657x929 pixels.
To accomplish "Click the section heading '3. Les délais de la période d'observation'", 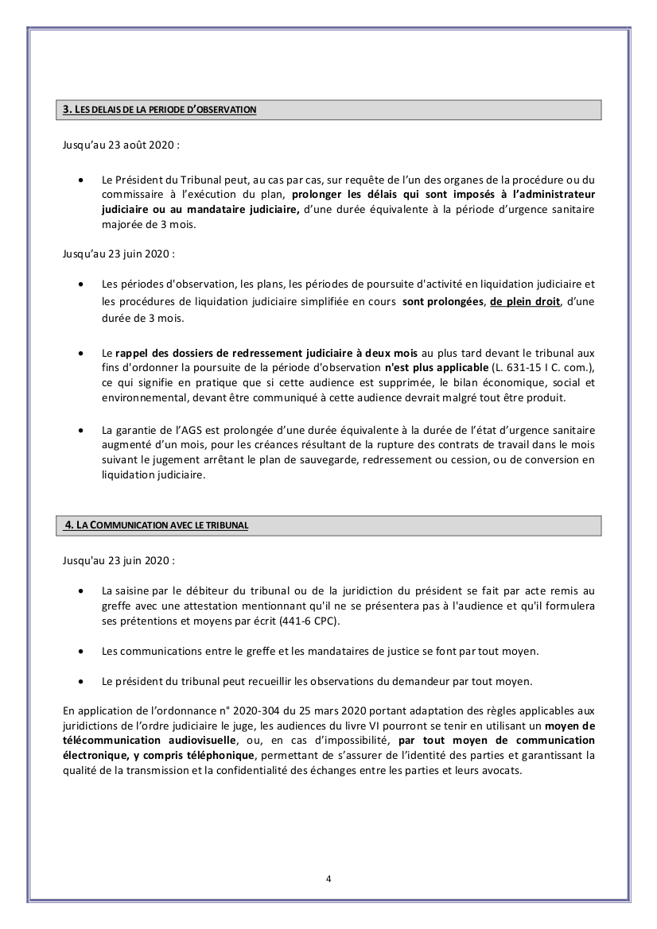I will coord(159,110).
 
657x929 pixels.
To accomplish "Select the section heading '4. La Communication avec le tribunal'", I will coord(157,524).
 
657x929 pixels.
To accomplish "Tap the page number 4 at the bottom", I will coord(328,878).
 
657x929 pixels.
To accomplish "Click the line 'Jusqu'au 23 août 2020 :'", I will coord(120,145).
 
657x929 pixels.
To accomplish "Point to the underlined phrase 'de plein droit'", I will coord(525,302).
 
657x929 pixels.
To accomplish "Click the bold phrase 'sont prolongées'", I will coord(443,302).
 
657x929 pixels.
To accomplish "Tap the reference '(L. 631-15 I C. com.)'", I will coord(542,367).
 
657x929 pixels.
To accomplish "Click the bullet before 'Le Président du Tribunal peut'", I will coord(82,180).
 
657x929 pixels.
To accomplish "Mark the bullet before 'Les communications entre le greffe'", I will coord(82,651).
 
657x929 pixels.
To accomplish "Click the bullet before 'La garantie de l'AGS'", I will coord(82,430).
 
